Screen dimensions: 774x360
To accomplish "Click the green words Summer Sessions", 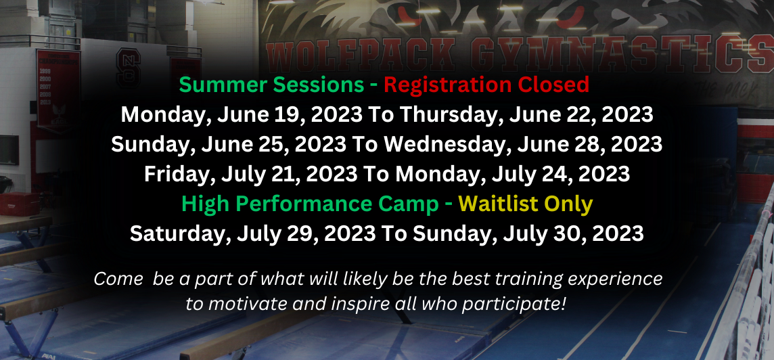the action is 271,85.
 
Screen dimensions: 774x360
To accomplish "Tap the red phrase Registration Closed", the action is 486,85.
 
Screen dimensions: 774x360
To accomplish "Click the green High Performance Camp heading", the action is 310,204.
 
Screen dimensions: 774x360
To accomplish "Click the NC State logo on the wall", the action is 129,68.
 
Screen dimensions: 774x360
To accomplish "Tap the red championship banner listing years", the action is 58,89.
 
